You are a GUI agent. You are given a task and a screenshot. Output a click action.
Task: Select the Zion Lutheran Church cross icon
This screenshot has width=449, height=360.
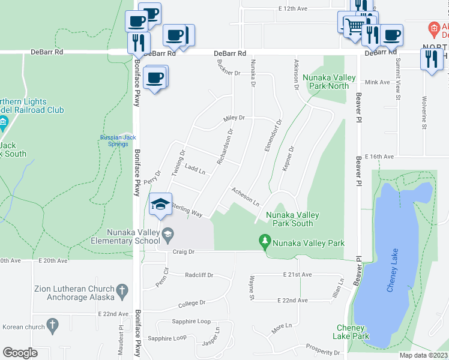pos(122,292)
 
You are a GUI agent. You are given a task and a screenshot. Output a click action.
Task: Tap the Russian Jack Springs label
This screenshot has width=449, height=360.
pos(118,141)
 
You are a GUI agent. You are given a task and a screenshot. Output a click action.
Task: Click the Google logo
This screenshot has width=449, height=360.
pos(20,353)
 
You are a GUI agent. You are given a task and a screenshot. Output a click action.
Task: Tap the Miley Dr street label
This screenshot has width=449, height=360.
pos(234,118)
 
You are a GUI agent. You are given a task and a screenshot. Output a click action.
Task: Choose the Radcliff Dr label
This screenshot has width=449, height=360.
pos(199,275)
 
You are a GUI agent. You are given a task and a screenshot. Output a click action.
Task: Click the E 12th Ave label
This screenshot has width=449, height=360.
pos(293,9)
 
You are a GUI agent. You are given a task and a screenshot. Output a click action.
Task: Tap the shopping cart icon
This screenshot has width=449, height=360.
pos(355,26)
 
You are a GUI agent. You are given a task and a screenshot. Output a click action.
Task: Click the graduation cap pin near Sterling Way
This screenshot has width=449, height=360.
pos(160,205)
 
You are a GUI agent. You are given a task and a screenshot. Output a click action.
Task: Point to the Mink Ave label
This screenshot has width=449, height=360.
pos(378,82)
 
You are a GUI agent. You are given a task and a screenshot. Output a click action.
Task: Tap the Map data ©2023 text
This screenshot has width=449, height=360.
pos(423,355)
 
